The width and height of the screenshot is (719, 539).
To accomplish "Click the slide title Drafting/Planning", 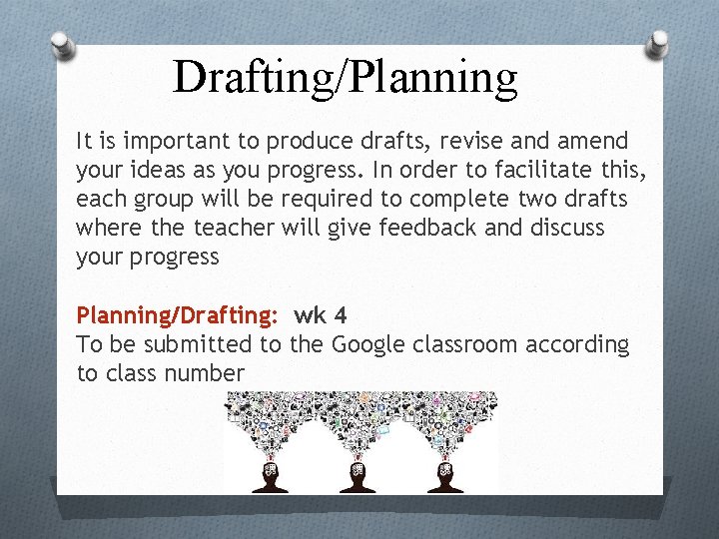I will point(346,77).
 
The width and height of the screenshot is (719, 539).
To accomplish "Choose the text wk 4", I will point(321,316).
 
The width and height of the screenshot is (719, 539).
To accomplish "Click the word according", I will point(579,345).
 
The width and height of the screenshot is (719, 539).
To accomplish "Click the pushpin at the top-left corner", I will point(62,45).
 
